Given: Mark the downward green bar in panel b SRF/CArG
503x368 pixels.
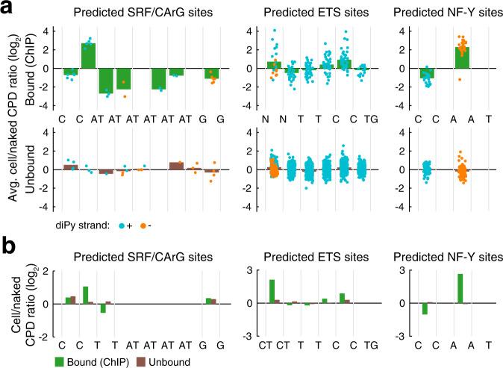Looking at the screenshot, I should click(102, 308).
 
